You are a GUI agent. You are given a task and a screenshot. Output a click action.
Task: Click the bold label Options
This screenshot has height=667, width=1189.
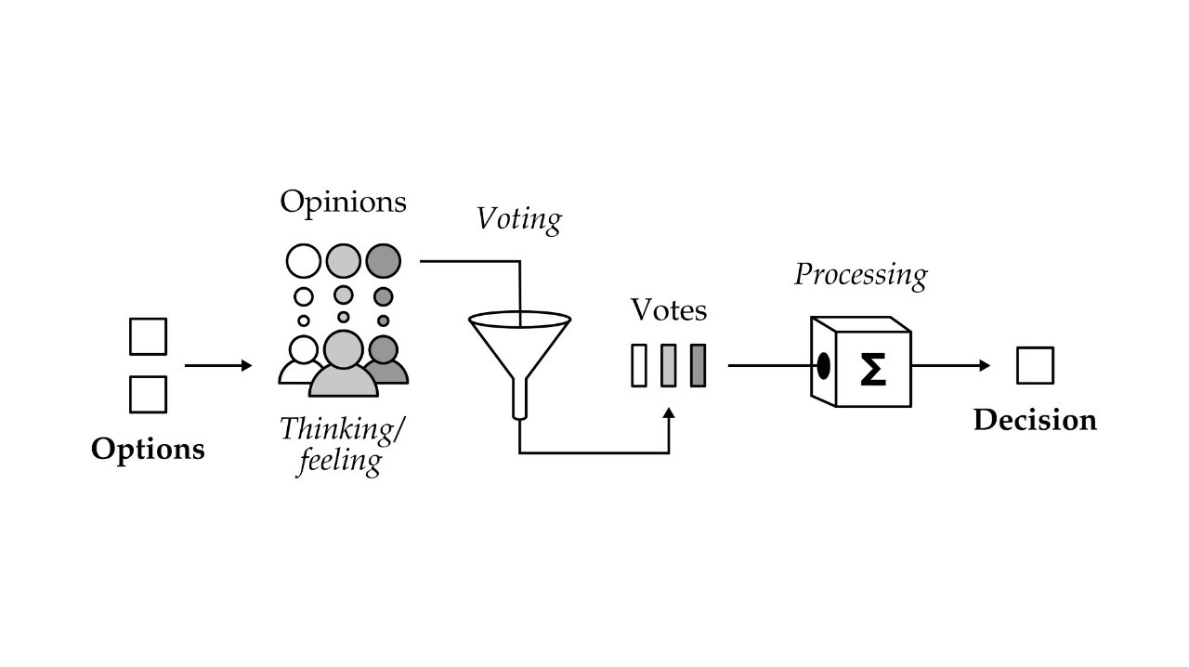click(148, 450)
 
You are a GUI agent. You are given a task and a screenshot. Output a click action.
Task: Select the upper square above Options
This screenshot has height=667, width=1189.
click(148, 336)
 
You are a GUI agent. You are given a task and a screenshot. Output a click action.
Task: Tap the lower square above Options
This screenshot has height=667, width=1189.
click(148, 394)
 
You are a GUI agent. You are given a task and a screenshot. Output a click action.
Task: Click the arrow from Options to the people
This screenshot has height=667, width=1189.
click(218, 366)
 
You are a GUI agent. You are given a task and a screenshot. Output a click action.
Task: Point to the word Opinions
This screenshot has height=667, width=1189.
click(343, 202)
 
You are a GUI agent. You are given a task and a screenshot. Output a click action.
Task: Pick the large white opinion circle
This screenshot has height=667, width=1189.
click(304, 260)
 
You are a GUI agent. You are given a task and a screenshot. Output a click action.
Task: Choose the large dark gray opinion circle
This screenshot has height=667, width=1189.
click(383, 260)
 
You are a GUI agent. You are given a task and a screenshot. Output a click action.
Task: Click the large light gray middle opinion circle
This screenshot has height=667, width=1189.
click(344, 260)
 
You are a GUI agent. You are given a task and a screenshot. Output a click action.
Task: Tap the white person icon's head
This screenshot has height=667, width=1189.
click(304, 350)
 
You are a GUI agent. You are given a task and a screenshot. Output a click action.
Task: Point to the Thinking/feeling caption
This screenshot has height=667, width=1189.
click(343, 444)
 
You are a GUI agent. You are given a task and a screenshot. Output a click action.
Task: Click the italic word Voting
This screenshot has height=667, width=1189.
click(519, 220)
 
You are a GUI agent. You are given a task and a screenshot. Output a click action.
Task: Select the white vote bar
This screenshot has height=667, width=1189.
click(639, 365)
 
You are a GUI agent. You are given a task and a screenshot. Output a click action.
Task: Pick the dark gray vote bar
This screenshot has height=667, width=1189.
click(699, 365)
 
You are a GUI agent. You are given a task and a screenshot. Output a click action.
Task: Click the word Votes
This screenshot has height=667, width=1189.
click(669, 310)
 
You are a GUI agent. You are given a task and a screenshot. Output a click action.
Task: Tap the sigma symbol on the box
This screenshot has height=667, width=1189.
click(872, 369)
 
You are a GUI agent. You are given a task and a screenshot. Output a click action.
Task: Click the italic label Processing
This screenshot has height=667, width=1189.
click(860, 275)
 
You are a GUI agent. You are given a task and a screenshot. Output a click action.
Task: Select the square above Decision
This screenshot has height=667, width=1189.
click(1035, 365)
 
